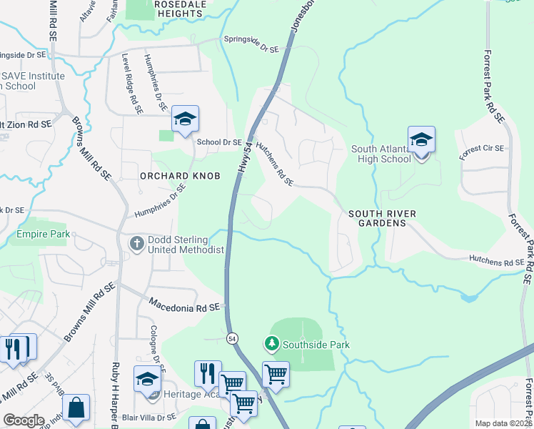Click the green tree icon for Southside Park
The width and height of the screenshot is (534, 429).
[x=271, y=345]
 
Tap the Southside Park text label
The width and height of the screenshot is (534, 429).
[x=316, y=345]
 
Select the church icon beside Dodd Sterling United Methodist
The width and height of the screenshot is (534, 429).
[x=137, y=244]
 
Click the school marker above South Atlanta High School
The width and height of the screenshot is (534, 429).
[x=421, y=139]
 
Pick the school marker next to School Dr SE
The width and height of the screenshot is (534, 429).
[x=185, y=119]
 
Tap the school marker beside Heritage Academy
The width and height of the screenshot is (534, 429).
[x=147, y=380]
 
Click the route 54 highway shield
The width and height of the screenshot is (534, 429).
[x=232, y=337]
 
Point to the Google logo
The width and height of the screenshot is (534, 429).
[x=24, y=420]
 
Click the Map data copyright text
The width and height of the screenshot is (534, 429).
[x=503, y=423]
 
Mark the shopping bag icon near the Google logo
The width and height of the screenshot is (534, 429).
[x=76, y=408]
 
